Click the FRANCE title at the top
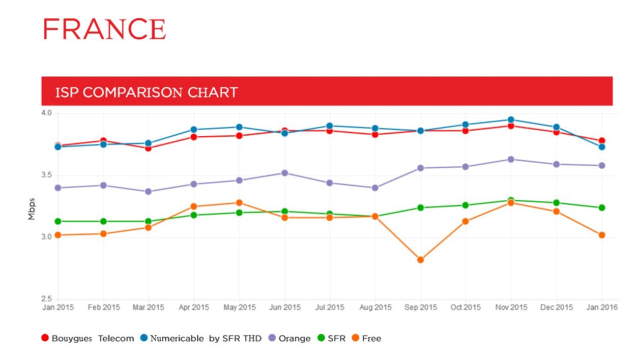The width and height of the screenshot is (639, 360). coord(104,29)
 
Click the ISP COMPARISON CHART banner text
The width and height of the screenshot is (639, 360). coord(146,92)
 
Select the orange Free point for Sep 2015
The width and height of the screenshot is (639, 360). coord(420,260)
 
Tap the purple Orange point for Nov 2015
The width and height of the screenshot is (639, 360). coord(511,159)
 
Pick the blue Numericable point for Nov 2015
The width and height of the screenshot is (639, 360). coord(511,120)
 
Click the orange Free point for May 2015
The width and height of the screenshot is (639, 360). coord(239,203)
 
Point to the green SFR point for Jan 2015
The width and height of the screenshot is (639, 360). coord(58,221)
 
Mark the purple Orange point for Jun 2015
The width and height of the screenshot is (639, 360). coord(285,173)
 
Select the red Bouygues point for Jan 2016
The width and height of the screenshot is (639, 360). coord(602,141)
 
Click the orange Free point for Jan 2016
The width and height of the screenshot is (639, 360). coord(602,235)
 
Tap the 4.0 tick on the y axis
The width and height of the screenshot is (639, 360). coord(47,113)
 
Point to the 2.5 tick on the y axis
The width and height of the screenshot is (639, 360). coord(47,299)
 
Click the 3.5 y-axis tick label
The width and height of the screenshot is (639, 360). coord(47,175)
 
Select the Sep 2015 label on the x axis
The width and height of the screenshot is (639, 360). coord(420,308)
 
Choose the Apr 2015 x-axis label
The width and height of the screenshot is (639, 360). coord(194,308)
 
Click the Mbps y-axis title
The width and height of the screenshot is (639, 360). coord(32,209)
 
